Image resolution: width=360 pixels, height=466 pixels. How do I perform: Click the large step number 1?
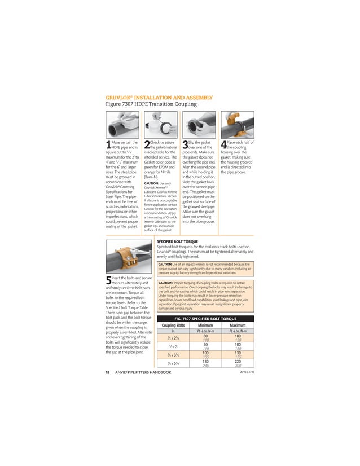108,146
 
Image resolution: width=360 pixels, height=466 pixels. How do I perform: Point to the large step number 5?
108,281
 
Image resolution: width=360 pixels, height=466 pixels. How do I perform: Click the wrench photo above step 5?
128,258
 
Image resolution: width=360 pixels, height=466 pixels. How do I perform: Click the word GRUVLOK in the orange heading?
119,97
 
